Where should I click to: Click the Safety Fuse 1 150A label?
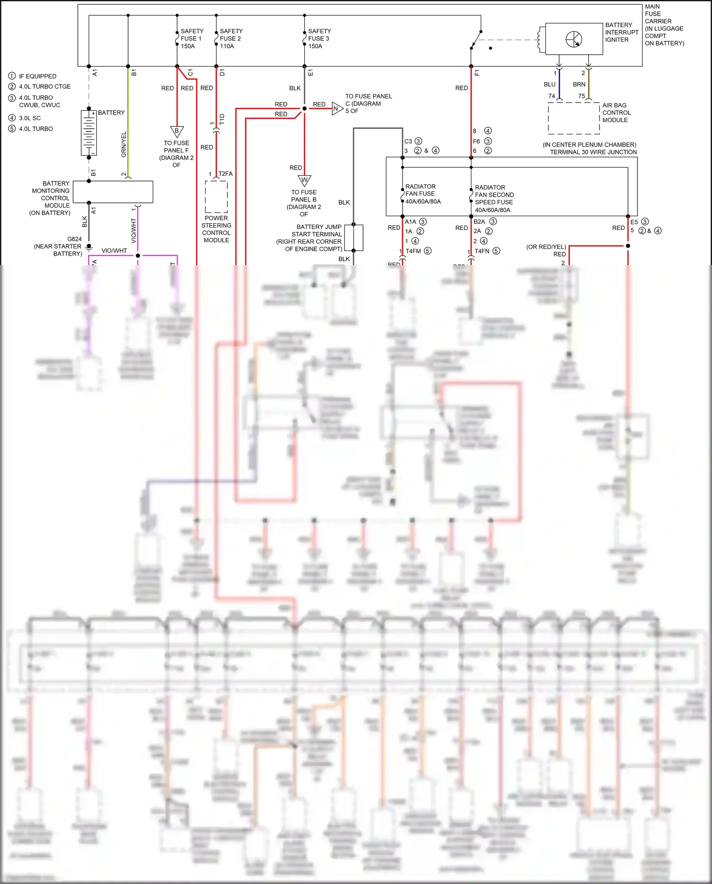[x=191, y=38]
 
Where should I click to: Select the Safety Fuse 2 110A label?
[x=230, y=38]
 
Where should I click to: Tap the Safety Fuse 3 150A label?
[x=319, y=38]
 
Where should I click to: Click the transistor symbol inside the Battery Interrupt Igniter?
[x=574, y=39]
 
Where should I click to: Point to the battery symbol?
[x=89, y=133]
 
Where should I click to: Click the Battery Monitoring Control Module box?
[x=113, y=192]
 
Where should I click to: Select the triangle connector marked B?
[x=177, y=131]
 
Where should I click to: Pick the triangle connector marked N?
[x=337, y=108]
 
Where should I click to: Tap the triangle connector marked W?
[x=304, y=181]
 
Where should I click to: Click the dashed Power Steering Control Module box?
[x=216, y=196]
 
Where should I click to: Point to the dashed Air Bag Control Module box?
[x=574, y=117]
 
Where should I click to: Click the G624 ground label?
[x=75, y=239]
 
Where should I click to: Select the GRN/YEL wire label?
[x=124, y=144]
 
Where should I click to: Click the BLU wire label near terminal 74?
[x=550, y=85]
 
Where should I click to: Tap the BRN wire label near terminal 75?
[x=579, y=85]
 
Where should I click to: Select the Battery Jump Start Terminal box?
[x=354, y=238]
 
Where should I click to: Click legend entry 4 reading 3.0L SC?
[x=29, y=118]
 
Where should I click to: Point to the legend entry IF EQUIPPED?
[x=37, y=76]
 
